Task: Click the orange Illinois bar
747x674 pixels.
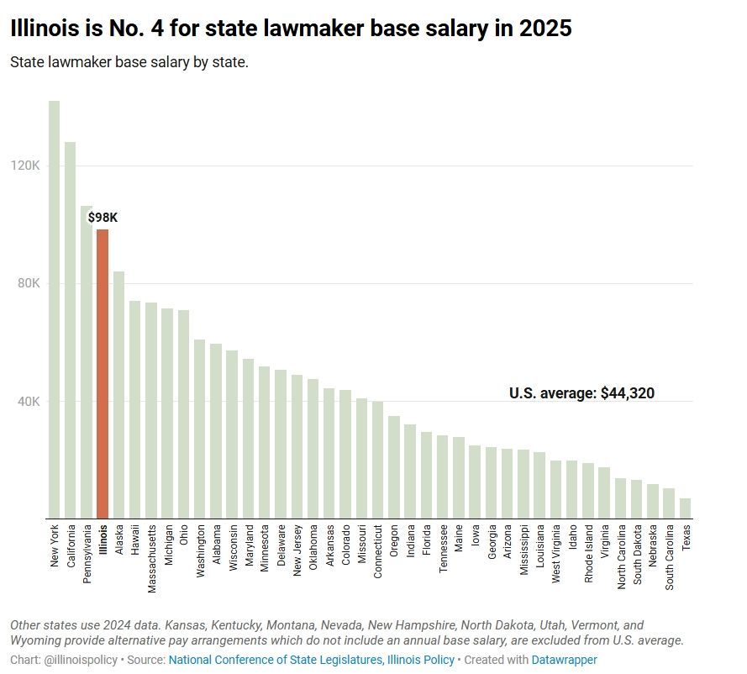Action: [103, 374]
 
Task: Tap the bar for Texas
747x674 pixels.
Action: [686, 508]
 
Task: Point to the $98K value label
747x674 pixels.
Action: [103, 219]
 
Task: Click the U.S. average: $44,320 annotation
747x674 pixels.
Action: [581, 392]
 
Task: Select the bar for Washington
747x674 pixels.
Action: [200, 429]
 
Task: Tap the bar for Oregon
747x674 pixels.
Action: [394, 467]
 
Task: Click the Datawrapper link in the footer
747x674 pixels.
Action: [565, 661]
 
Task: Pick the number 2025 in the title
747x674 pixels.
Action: [543, 29]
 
